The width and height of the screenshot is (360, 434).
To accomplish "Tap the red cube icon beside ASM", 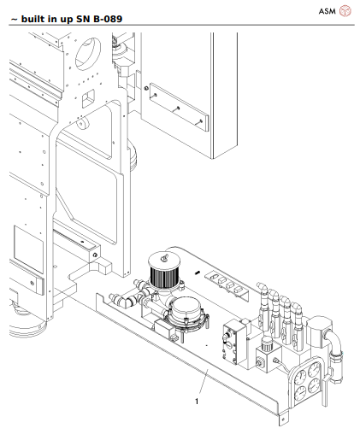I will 345,11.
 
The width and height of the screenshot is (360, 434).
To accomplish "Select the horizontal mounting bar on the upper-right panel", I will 175,107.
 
